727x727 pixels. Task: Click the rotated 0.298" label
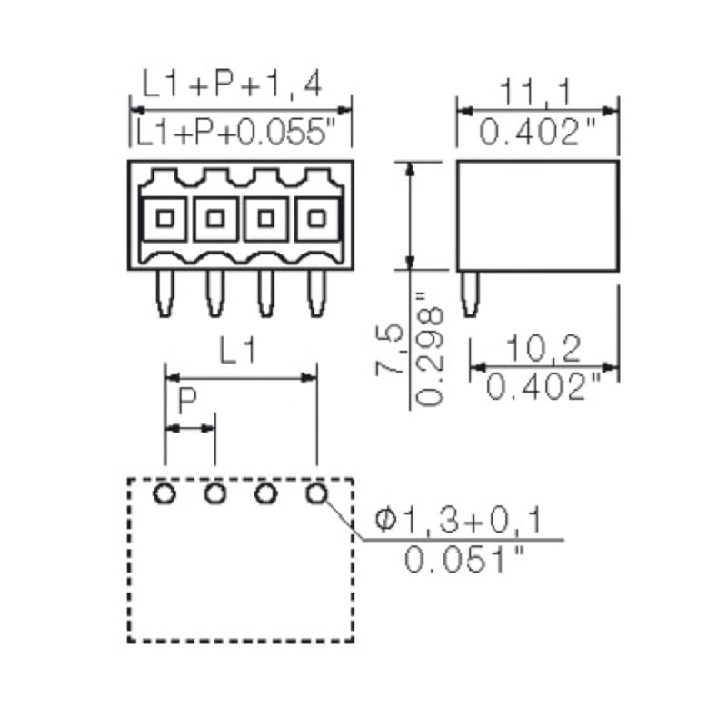tap(431, 351)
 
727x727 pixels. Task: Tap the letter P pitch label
tap(187, 402)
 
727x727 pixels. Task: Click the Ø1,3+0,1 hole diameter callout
tap(459, 521)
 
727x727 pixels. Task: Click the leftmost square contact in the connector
tap(165, 218)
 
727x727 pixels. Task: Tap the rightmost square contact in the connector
tap(316, 218)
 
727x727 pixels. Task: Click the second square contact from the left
tap(216, 218)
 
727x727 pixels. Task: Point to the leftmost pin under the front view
tap(165, 294)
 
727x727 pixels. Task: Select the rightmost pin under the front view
tap(316, 294)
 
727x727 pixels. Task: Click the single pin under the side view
tap(470, 294)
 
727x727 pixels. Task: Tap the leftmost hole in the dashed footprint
tap(165, 493)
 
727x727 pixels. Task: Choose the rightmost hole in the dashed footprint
tap(316, 493)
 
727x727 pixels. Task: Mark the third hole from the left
tap(266, 493)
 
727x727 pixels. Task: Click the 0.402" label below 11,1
tap(536, 134)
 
